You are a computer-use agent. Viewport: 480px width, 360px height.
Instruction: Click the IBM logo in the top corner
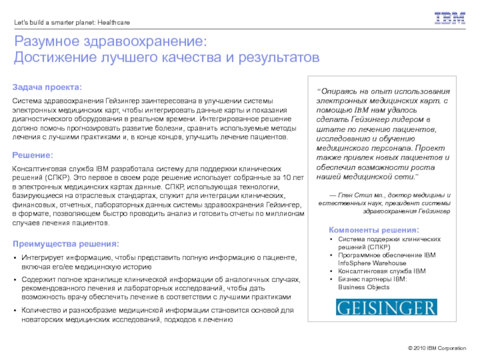pos(450,18)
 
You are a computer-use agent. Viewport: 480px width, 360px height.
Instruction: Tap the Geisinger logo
pos(386,307)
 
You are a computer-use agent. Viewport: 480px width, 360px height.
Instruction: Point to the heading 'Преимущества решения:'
pos(66,244)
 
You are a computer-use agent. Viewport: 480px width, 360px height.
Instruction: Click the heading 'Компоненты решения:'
pos(374,230)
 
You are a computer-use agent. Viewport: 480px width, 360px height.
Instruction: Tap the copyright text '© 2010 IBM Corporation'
pos(436,349)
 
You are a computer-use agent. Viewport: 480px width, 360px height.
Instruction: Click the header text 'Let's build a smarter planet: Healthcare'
pos(72,23)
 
